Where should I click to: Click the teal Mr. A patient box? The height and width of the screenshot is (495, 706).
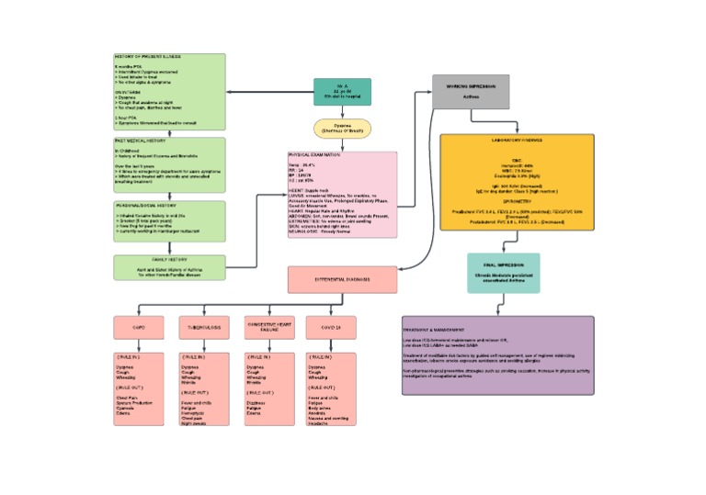(x=342, y=92)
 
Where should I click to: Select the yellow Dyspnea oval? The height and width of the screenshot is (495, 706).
(x=342, y=129)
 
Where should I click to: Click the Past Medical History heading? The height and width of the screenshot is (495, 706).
(x=141, y=141)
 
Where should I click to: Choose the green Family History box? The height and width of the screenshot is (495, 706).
(x=169, y=267)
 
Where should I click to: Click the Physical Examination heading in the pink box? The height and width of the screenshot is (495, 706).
(x=315, y=155)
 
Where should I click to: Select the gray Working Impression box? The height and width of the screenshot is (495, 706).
(x=471, y=92)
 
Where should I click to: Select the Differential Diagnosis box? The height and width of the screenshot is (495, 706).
(x=343, y=279)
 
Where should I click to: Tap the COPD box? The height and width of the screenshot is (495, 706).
(x=139, y=327)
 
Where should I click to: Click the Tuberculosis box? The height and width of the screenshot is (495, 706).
(x=204, y=327)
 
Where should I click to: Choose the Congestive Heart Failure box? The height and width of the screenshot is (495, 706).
(x=269, y=327)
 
